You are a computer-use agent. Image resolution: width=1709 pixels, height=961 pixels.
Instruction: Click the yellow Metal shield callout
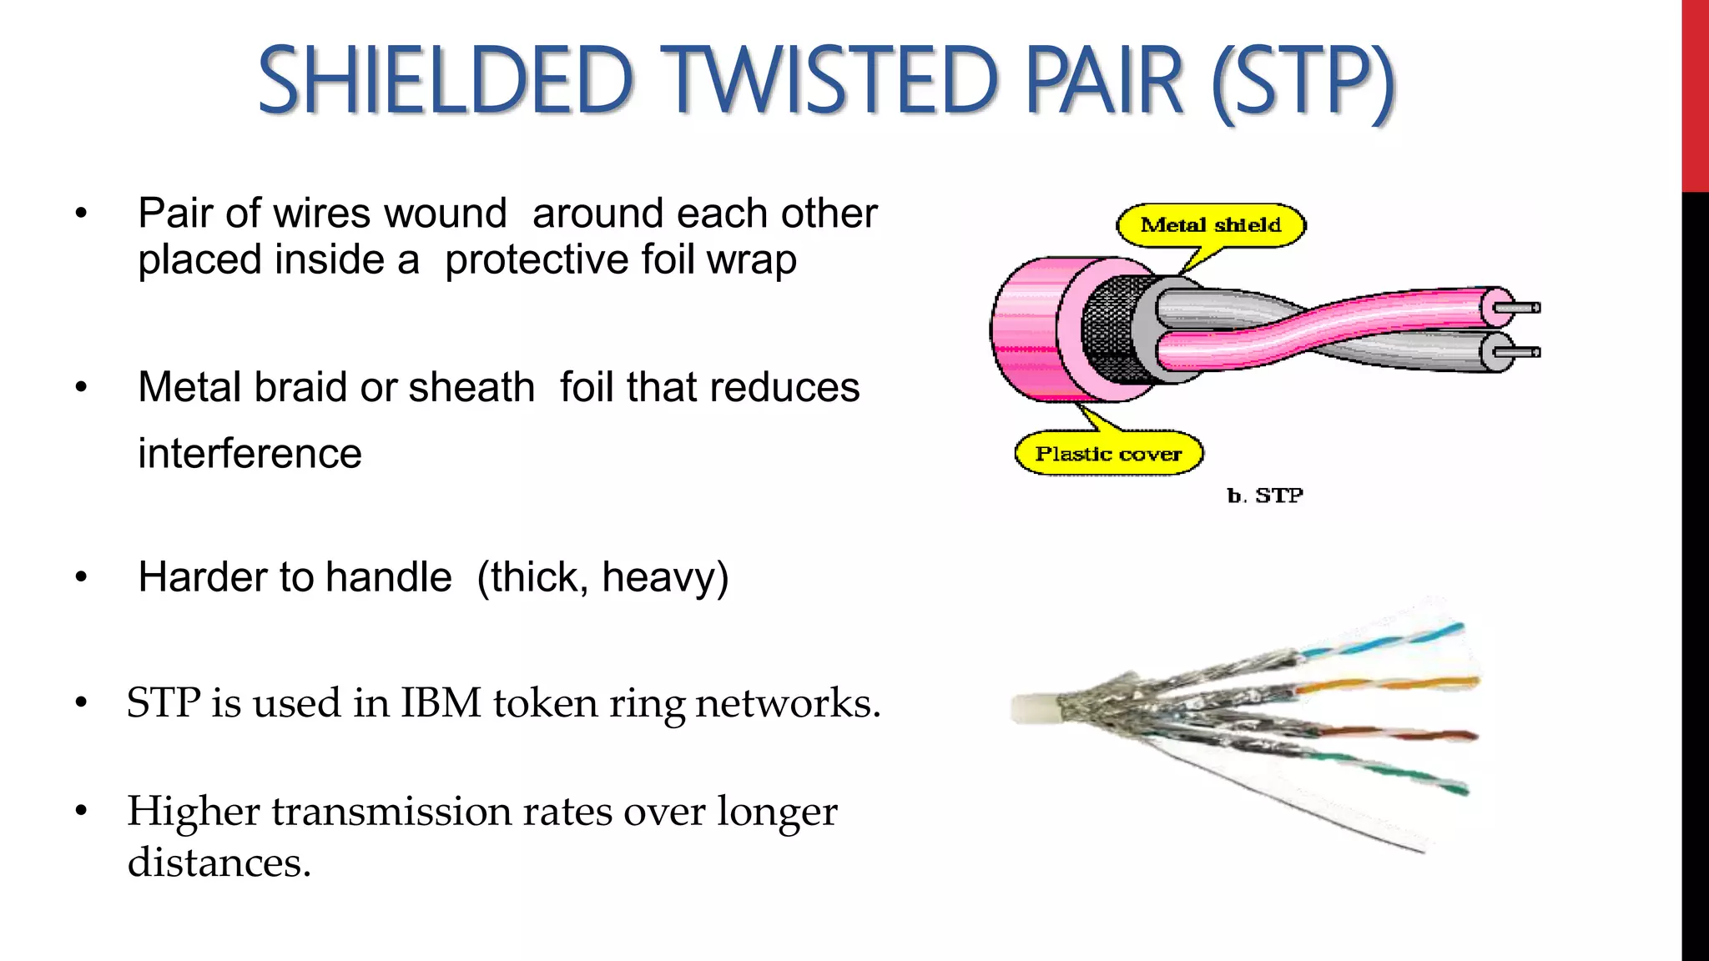(1210, 224)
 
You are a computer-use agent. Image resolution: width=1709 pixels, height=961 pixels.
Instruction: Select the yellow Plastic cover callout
(1108, 454)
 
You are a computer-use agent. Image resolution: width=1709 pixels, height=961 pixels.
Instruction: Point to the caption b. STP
(1264, 496)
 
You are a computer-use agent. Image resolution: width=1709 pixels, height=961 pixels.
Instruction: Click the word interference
(250, 454)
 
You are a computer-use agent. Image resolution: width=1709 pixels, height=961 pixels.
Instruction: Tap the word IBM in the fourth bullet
(441, 702)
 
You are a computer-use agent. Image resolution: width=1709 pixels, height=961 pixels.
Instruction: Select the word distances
(219, 862)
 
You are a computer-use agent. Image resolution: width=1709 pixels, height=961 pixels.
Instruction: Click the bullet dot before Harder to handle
(81, 577)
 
